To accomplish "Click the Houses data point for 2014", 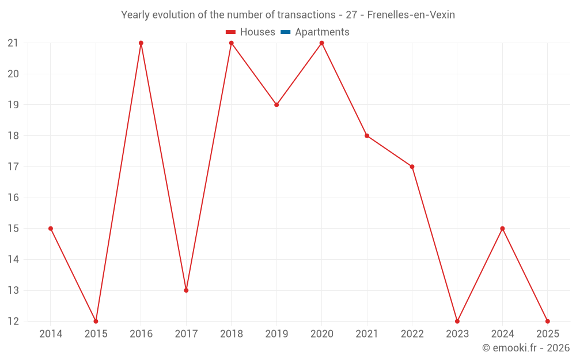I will click(51, 229).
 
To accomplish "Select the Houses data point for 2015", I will click(96, 321).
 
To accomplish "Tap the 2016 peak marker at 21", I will click(141, 43).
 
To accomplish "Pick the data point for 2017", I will click(186, 290).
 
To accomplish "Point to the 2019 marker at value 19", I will click(276, 105).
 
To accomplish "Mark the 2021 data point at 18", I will click(367, 136).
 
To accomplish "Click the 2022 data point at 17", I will click(412, 167).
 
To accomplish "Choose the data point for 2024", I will click(502, 229).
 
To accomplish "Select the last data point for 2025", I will click(547, 321).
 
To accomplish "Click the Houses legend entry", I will click(251, 32).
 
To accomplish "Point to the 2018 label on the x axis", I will click(231, 334).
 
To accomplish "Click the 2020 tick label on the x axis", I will click(321, 334).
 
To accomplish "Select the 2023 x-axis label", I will click(457, 334).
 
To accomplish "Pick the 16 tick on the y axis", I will click(13, 198).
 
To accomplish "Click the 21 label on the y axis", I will click(13, 43).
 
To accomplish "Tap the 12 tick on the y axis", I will click(13, 321).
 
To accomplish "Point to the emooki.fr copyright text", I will click(526, 348).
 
